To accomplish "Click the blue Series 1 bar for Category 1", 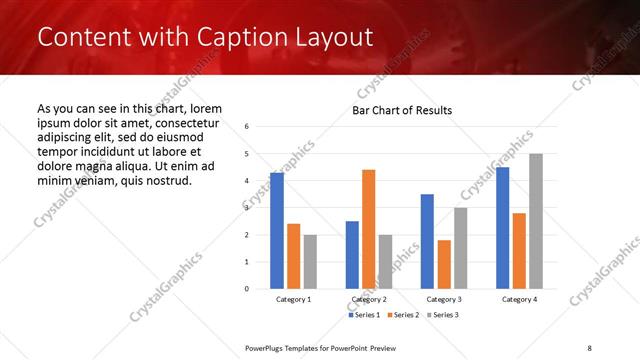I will [x=277, y=231].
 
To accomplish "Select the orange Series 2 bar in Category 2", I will [x=368, y=229].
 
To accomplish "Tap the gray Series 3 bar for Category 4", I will [x=536, y=221].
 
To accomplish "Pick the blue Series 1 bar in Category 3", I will [x=427, y=241].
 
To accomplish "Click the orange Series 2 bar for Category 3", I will [x=444, y=264].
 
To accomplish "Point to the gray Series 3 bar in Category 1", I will [x=310, y=262].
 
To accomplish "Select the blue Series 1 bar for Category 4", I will [x=502, y=228].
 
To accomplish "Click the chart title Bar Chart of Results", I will [x=402, y=110].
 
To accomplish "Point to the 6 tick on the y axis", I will [x=247, y=127].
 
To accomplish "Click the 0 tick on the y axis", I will [x=247, y=289].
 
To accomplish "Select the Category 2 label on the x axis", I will [x=369, y=299].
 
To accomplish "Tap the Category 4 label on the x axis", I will [x=519, y=299].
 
